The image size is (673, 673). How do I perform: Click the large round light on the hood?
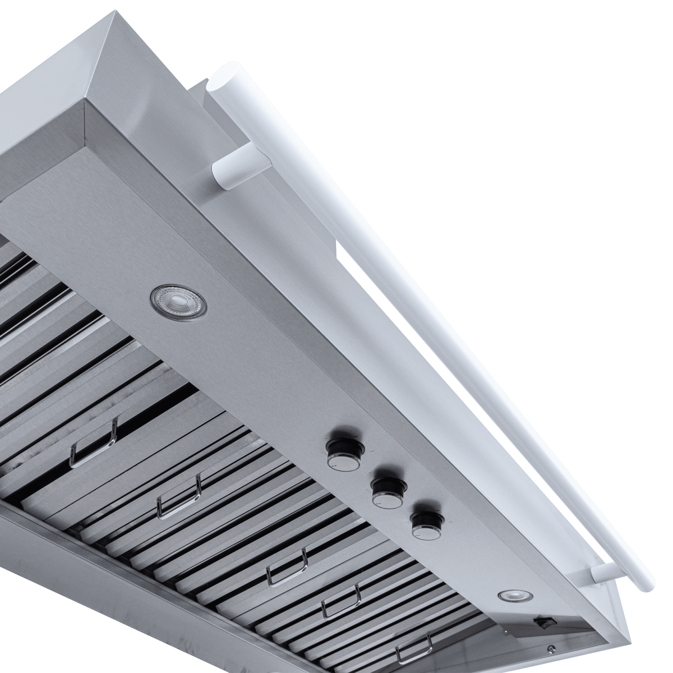tap(178, 299)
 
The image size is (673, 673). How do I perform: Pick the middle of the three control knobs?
tap(387, 491)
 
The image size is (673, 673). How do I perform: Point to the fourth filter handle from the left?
tap(341, 602)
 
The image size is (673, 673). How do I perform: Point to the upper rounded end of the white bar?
tap(219, 84)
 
